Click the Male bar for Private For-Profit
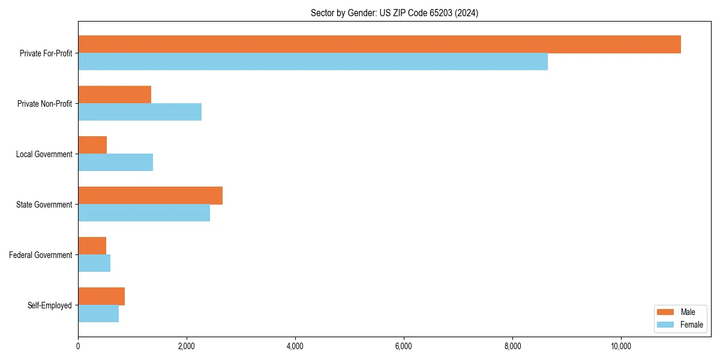379,44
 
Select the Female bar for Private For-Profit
313,62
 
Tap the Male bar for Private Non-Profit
115,95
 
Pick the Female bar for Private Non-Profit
140,112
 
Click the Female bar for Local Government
115,163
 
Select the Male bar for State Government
150,196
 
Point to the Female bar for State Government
144,213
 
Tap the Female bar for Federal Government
94,263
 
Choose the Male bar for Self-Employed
101,296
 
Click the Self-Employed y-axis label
49,305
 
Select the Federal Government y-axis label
40,255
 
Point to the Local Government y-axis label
44,154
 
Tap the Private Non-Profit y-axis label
44,104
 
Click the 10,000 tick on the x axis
620,346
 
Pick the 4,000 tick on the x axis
295,346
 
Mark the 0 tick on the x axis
78,346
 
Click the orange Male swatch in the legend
666,312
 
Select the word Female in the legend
691,325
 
